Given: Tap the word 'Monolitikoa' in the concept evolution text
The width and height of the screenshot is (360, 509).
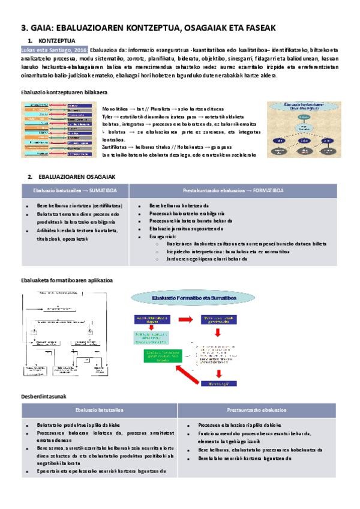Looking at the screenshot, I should [x=114, y=108].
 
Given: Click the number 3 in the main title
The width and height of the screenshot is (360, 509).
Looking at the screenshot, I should [x=24, y=26].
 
